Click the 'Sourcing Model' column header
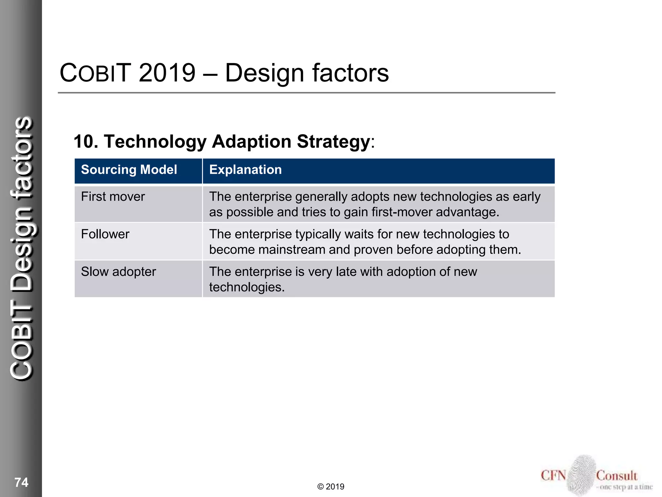pos(129,170)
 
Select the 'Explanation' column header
pos(245,170)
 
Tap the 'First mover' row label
pos(113,197)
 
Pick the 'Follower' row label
pos(105,234)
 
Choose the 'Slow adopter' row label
pos(118,272)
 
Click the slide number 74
pos(21,482)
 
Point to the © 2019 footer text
pos(331,487)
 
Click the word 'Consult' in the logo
pos(616,476)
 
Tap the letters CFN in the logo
pos(553,476)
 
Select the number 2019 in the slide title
pos(167,73)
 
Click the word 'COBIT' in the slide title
pos(95,73)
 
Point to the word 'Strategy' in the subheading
pos(333,142)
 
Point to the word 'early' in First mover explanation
pos(526,197)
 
